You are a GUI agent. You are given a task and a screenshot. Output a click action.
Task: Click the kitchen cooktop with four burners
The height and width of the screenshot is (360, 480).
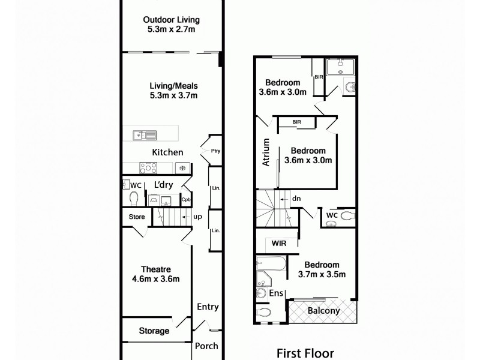pyautogui.click(x=148, y=168)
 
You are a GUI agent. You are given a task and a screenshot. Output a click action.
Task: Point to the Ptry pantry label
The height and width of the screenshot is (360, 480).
pyautogui.click(x=216, y=151)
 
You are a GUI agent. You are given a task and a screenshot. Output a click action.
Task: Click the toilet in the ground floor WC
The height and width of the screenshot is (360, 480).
pyautogui.click(x=134, y=199)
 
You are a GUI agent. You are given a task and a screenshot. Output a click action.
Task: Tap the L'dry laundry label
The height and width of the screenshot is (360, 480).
pyautogui.click(x=164, y=185)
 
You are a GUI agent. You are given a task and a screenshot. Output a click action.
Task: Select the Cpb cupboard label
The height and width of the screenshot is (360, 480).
pyautogui.click(x=186, y=200)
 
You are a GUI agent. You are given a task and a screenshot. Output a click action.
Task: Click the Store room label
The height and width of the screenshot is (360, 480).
pyautogui.click(x=137, y=217)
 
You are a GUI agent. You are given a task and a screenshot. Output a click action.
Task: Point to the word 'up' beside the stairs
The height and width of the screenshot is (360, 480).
pyautogui.click(x=197, y=217)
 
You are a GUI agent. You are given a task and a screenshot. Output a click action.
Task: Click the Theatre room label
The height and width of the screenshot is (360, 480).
pyautogui.click(x=156, y=269)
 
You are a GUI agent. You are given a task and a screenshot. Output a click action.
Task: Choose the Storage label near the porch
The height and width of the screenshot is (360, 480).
pyautogui.click(x=154, y=331)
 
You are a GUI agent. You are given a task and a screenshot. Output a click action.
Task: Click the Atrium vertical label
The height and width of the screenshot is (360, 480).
pyautogui.click(x=266, y=152)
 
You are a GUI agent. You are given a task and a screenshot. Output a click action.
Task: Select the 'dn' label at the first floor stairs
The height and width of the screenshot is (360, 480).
pyautogui.click(x=296, y=198)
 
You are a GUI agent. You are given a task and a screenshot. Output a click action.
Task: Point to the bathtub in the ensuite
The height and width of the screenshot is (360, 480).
pyautogui.click(x=271, y=264)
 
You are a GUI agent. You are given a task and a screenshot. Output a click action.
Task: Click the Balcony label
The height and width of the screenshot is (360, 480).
pyautogui.click(x=323, y=311)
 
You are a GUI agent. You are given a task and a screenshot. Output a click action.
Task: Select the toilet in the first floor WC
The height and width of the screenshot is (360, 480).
pyautogui.click(x=347, y=215)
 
